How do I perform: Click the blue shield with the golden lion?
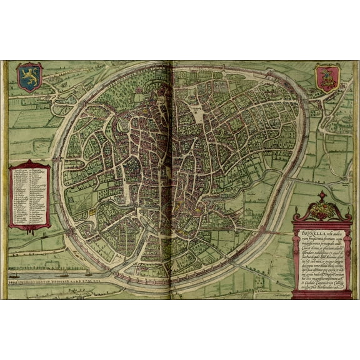pos(29,77)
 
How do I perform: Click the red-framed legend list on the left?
pos(30,195)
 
